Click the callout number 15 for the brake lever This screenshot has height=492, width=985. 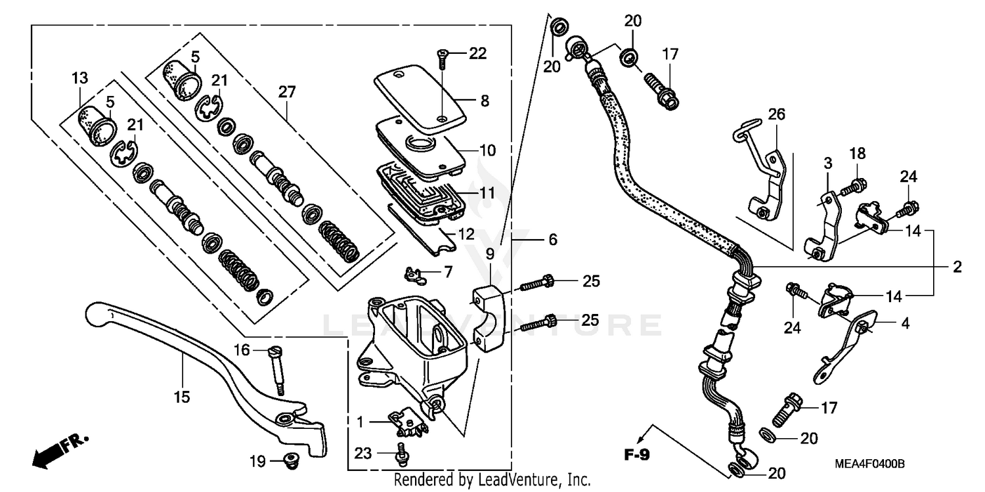pos(182,397)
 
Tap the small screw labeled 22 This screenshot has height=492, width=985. pos(441,59)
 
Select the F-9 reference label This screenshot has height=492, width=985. pos(636,454)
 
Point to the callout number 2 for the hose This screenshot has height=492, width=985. pos(957,267)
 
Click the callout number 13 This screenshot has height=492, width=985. pos(79,79)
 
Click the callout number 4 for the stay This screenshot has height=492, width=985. pos(905,324)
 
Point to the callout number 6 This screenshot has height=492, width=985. pos(552,240)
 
